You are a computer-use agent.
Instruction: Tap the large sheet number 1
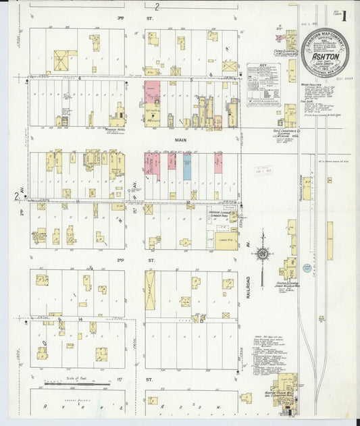tap(345, 16)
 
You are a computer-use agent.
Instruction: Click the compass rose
tap(262, 255)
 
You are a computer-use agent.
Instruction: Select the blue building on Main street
tap(187, 165)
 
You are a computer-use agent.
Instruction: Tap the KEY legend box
tap(262, 84)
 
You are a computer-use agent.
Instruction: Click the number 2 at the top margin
tap(156, 7)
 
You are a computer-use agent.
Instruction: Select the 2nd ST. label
tap(121, 259)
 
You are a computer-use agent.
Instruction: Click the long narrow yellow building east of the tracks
tap(330, 240)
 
